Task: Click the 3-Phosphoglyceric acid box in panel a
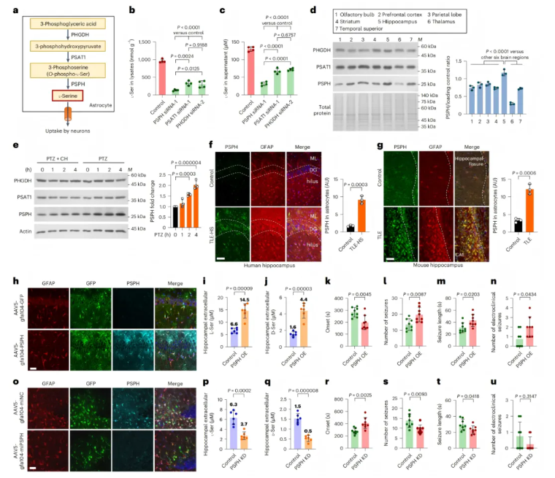66,23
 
